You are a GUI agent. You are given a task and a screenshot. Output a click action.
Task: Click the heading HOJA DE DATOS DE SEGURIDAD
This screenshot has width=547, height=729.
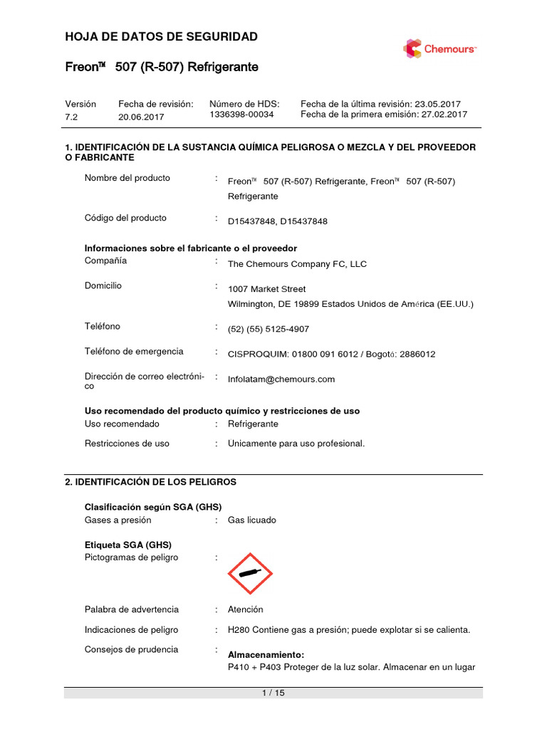[161, 36]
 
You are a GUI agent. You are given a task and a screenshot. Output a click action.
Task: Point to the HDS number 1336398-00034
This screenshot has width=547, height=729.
[241, 114]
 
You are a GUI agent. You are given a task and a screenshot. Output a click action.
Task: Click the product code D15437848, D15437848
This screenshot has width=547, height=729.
[278, 221]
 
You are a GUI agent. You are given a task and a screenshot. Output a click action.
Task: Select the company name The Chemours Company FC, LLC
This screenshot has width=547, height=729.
[297, 264]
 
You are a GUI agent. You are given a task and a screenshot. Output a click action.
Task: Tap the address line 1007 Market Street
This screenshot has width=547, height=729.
[266, 289]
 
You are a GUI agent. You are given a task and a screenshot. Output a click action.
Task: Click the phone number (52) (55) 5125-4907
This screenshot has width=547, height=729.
[268, 329]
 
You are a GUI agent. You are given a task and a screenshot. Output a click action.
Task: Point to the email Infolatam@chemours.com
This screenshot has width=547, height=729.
[281, 379]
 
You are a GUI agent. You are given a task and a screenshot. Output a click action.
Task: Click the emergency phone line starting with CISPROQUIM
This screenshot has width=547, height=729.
[331, 354]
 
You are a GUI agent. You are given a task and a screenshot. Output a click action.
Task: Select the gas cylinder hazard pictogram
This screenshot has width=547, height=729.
[250, 574]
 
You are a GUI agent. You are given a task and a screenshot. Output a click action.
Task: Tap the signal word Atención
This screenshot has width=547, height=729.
[245, 609]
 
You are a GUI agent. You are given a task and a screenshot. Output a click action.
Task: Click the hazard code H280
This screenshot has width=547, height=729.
[239, 630]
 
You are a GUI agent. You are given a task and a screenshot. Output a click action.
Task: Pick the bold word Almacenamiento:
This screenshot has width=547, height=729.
[266, 654]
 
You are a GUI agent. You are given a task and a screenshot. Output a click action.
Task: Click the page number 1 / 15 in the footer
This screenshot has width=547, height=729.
[273, 693]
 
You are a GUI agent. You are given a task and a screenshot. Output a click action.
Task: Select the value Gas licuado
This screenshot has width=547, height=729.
[251, 520]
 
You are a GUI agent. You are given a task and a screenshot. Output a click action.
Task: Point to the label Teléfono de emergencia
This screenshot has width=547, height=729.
[134, 351]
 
